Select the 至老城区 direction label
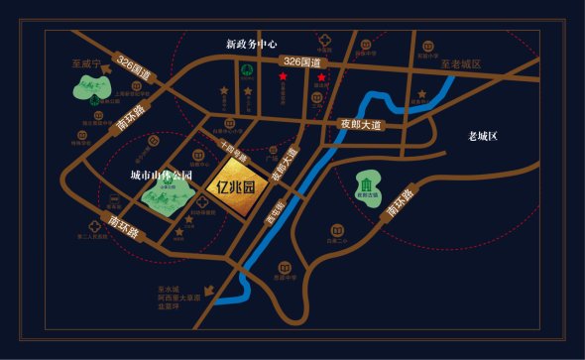pyautogui.click(x=460, y=63)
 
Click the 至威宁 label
pyautogui.click(x=87, y=61)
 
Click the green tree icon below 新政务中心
pyautogui.click(x=246, y=69)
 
